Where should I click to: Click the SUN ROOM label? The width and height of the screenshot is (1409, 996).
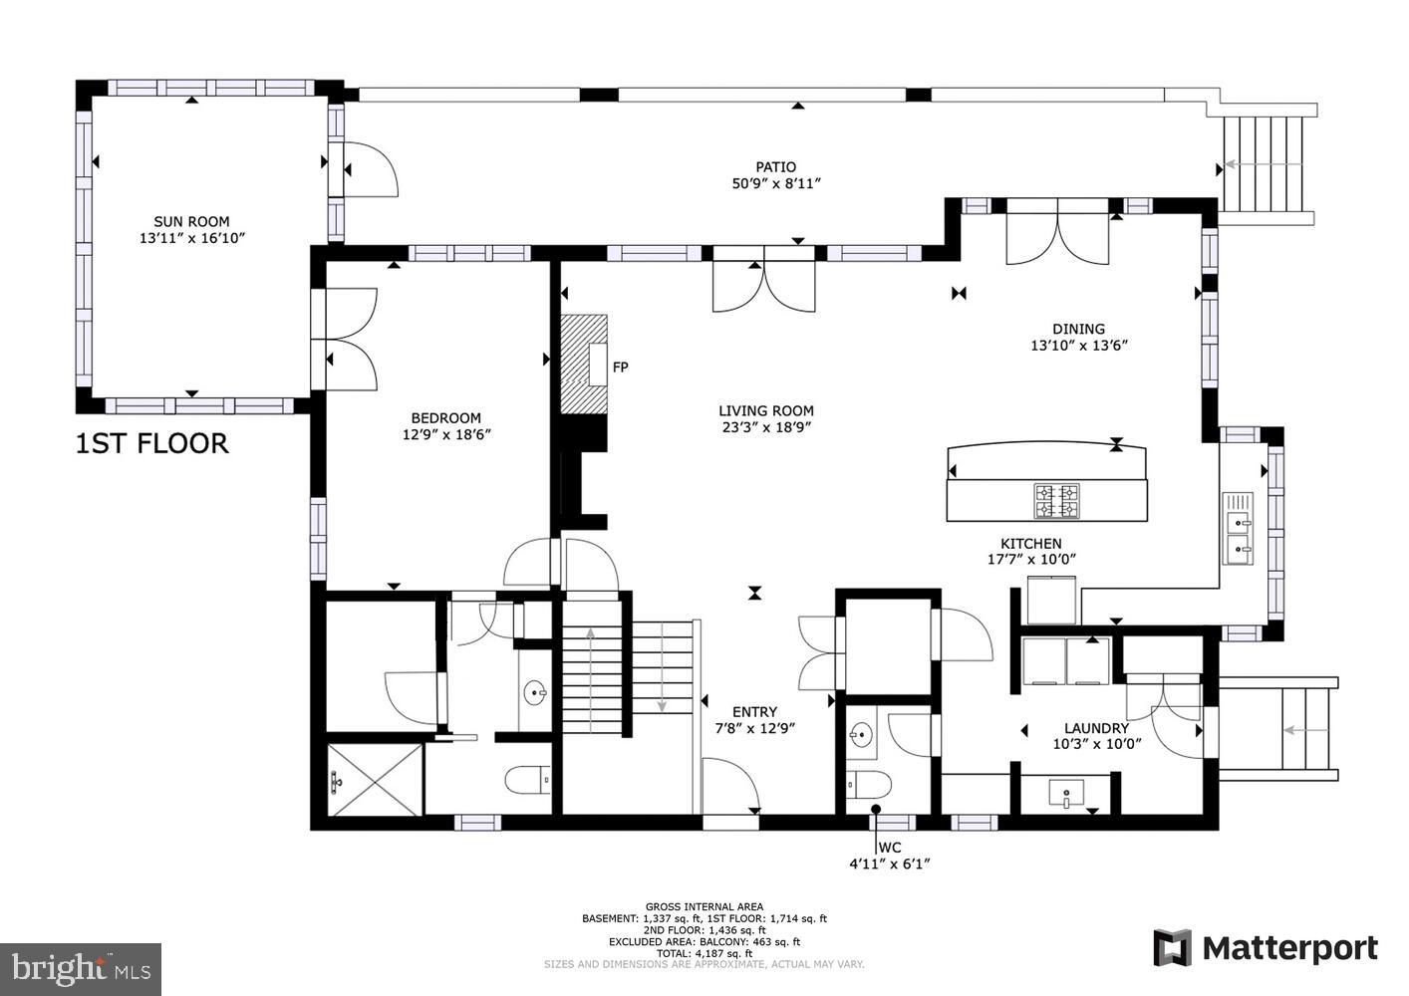[191, 221]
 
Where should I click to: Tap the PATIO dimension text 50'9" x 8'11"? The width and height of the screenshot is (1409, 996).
[775, 183]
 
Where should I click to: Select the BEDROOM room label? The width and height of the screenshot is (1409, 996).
[445, 418]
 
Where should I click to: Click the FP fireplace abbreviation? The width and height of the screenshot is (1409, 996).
[620, 368]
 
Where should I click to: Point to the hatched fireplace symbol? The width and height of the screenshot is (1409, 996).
[583, 364]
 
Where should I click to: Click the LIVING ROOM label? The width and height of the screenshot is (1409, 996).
[765, 410]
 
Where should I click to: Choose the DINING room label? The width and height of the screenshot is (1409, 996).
[1078, 329]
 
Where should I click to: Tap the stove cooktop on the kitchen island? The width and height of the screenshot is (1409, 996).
[1056, 500]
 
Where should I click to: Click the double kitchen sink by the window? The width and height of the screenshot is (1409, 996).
[1238, 528]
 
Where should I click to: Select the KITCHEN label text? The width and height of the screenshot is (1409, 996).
[1030, 543]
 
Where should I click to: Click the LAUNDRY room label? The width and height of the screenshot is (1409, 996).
[1096, 728]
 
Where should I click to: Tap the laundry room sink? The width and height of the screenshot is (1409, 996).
[1066, 795]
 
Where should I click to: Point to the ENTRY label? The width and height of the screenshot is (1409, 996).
[754, 711]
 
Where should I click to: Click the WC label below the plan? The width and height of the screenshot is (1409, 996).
[890, 847]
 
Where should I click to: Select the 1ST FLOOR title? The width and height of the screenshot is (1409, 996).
[152, 443]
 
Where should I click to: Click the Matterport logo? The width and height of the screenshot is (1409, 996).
[1266, 948]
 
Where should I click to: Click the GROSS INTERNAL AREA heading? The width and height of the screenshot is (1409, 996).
[704, 906]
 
